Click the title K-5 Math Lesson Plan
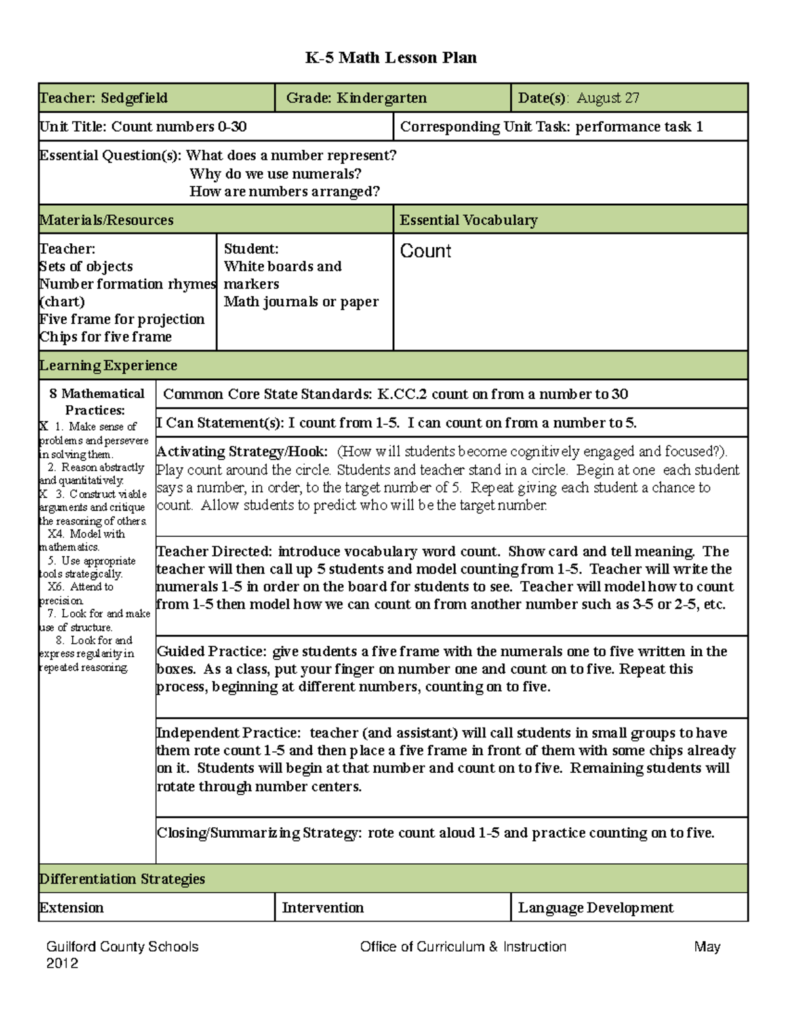pos(391,58)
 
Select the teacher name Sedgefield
pos(134,98)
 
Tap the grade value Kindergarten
pos(382,98)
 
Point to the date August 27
pos(608,98)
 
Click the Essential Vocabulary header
pos(468,220)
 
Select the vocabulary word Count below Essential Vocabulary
pos(425,251)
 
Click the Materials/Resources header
pos(106,220)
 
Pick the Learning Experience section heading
pos(108,366)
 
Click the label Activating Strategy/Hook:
pos(242,452)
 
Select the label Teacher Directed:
pos(214,552)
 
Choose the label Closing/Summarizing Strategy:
pos(258,833)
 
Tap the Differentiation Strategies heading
pos(122,879)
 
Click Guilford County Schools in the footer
pos(122,947)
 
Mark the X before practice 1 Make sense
pos(44,427)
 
